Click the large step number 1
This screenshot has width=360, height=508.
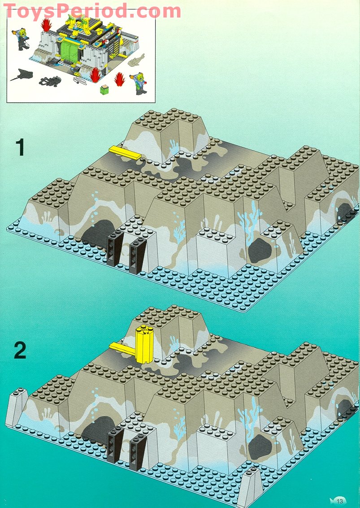19,148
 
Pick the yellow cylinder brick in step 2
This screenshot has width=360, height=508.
143,343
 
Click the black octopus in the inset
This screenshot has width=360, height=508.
48,82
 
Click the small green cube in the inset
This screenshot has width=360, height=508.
104,88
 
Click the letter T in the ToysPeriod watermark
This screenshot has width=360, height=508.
10,11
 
